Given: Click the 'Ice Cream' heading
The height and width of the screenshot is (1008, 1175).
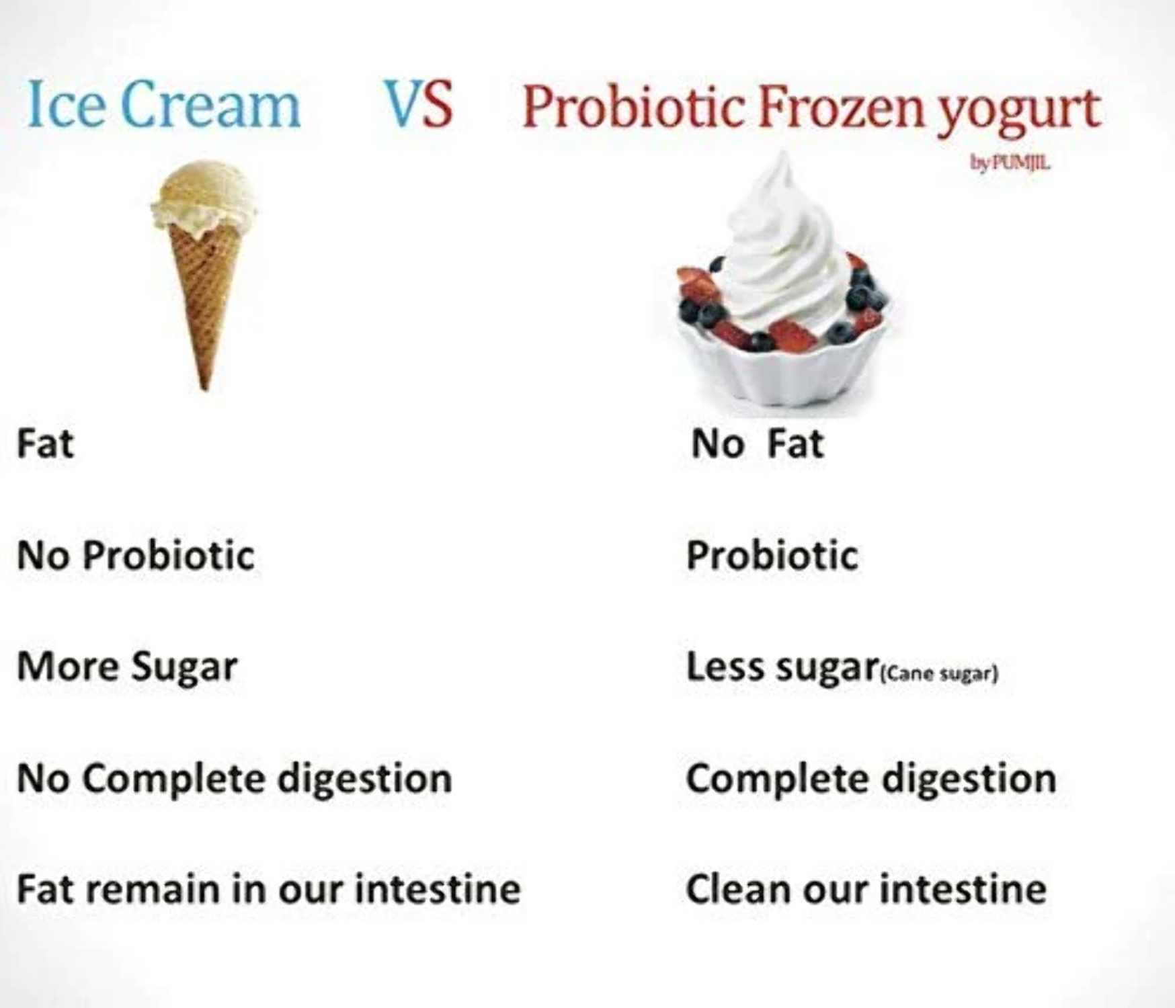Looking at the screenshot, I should pos(163,105).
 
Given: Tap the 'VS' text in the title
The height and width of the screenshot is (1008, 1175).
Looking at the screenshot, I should pos(418,105).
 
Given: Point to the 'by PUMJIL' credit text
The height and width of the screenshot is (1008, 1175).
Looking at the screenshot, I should pos(1010,163).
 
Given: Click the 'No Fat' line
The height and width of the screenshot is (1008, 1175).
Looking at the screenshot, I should pos(757,444).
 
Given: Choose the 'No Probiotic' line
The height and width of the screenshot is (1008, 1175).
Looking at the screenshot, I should pos(136,556).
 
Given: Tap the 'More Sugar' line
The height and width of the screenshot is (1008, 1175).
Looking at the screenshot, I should pos(127,667).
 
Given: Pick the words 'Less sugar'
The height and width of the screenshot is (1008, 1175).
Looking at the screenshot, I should pos(782,667).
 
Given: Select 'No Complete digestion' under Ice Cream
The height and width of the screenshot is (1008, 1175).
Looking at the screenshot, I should pos(234,779).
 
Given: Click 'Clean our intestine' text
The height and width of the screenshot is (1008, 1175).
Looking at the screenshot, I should pos(866,889).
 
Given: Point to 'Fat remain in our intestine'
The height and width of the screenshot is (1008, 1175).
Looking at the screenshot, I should pos(268,889).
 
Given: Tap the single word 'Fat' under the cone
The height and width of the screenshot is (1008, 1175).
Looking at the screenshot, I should pos(45,444).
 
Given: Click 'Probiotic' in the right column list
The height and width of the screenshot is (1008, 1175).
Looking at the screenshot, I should pos(772,556).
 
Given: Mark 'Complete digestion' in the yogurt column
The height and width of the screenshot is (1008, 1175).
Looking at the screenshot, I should pos(870,779).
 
